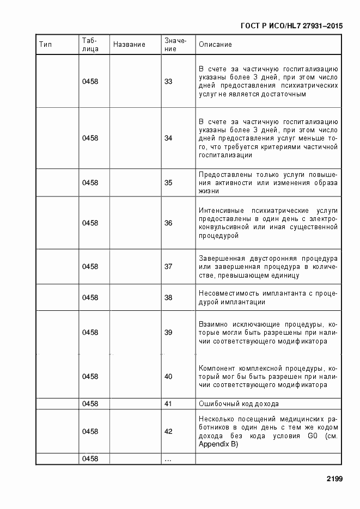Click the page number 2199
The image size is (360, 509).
334,479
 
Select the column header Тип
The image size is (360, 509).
46,45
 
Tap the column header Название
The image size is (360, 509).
129,45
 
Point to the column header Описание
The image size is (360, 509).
216,45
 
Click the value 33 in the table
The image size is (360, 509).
168,82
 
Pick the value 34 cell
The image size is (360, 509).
168,138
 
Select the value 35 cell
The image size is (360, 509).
168,183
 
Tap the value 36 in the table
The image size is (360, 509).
168,223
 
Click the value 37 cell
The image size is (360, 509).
168,267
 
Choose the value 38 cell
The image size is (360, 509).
168,298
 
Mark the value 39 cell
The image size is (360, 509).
168,333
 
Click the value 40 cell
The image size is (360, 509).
168,377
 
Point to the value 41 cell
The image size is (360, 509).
168,404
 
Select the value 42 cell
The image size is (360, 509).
168,432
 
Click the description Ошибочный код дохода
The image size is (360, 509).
239,404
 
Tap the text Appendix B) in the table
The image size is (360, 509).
218,445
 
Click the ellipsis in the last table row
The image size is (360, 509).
168,459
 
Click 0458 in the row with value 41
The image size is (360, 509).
90,404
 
